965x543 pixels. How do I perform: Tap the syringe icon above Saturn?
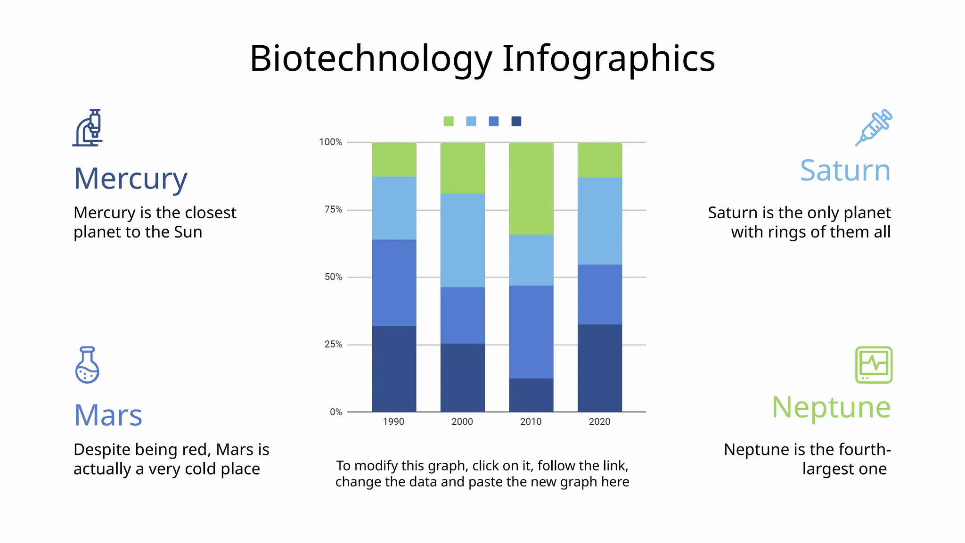(x=874, y=127)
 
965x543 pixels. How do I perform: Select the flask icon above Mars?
(x=87, y=365)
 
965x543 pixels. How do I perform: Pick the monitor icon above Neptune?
(x=874, y=365)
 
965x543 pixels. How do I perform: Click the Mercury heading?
(x=131, y=179)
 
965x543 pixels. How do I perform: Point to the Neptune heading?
(x=831, y=407)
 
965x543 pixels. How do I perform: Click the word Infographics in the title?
(x=608, y=58)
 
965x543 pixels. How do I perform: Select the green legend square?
(x=449, y=121)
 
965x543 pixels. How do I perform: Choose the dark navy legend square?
(x=516, y=121)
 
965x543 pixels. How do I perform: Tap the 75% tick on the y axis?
(x=333, y=209)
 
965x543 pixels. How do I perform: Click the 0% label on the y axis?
(x=336, y=412)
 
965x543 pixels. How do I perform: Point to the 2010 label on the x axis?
(x=531, y=422)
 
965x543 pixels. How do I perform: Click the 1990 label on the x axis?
(x=393, y=422)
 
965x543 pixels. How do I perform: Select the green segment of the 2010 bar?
(x=531, y=189)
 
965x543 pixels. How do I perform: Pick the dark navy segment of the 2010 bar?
(x=531, y=395)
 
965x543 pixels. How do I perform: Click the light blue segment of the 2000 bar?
(x=462, y=240)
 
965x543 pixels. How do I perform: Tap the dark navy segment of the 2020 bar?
(x=599, y=368)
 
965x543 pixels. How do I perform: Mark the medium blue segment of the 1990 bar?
(x=394, y=283)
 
